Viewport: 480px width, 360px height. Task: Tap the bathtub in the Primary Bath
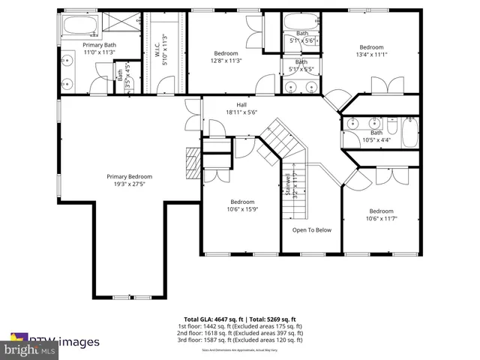pos(78,27)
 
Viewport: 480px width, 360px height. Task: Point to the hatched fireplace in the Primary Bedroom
pos(193,160)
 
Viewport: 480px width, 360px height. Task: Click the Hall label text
pos(241,105)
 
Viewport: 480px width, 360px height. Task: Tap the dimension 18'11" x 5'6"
pos(241,112)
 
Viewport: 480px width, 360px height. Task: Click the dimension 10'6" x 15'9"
pos(242,209)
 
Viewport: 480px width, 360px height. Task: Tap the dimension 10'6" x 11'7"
pos(381,218)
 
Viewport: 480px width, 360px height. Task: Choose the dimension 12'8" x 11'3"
pos(226,61)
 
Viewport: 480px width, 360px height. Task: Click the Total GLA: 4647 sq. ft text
pos(211,319)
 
